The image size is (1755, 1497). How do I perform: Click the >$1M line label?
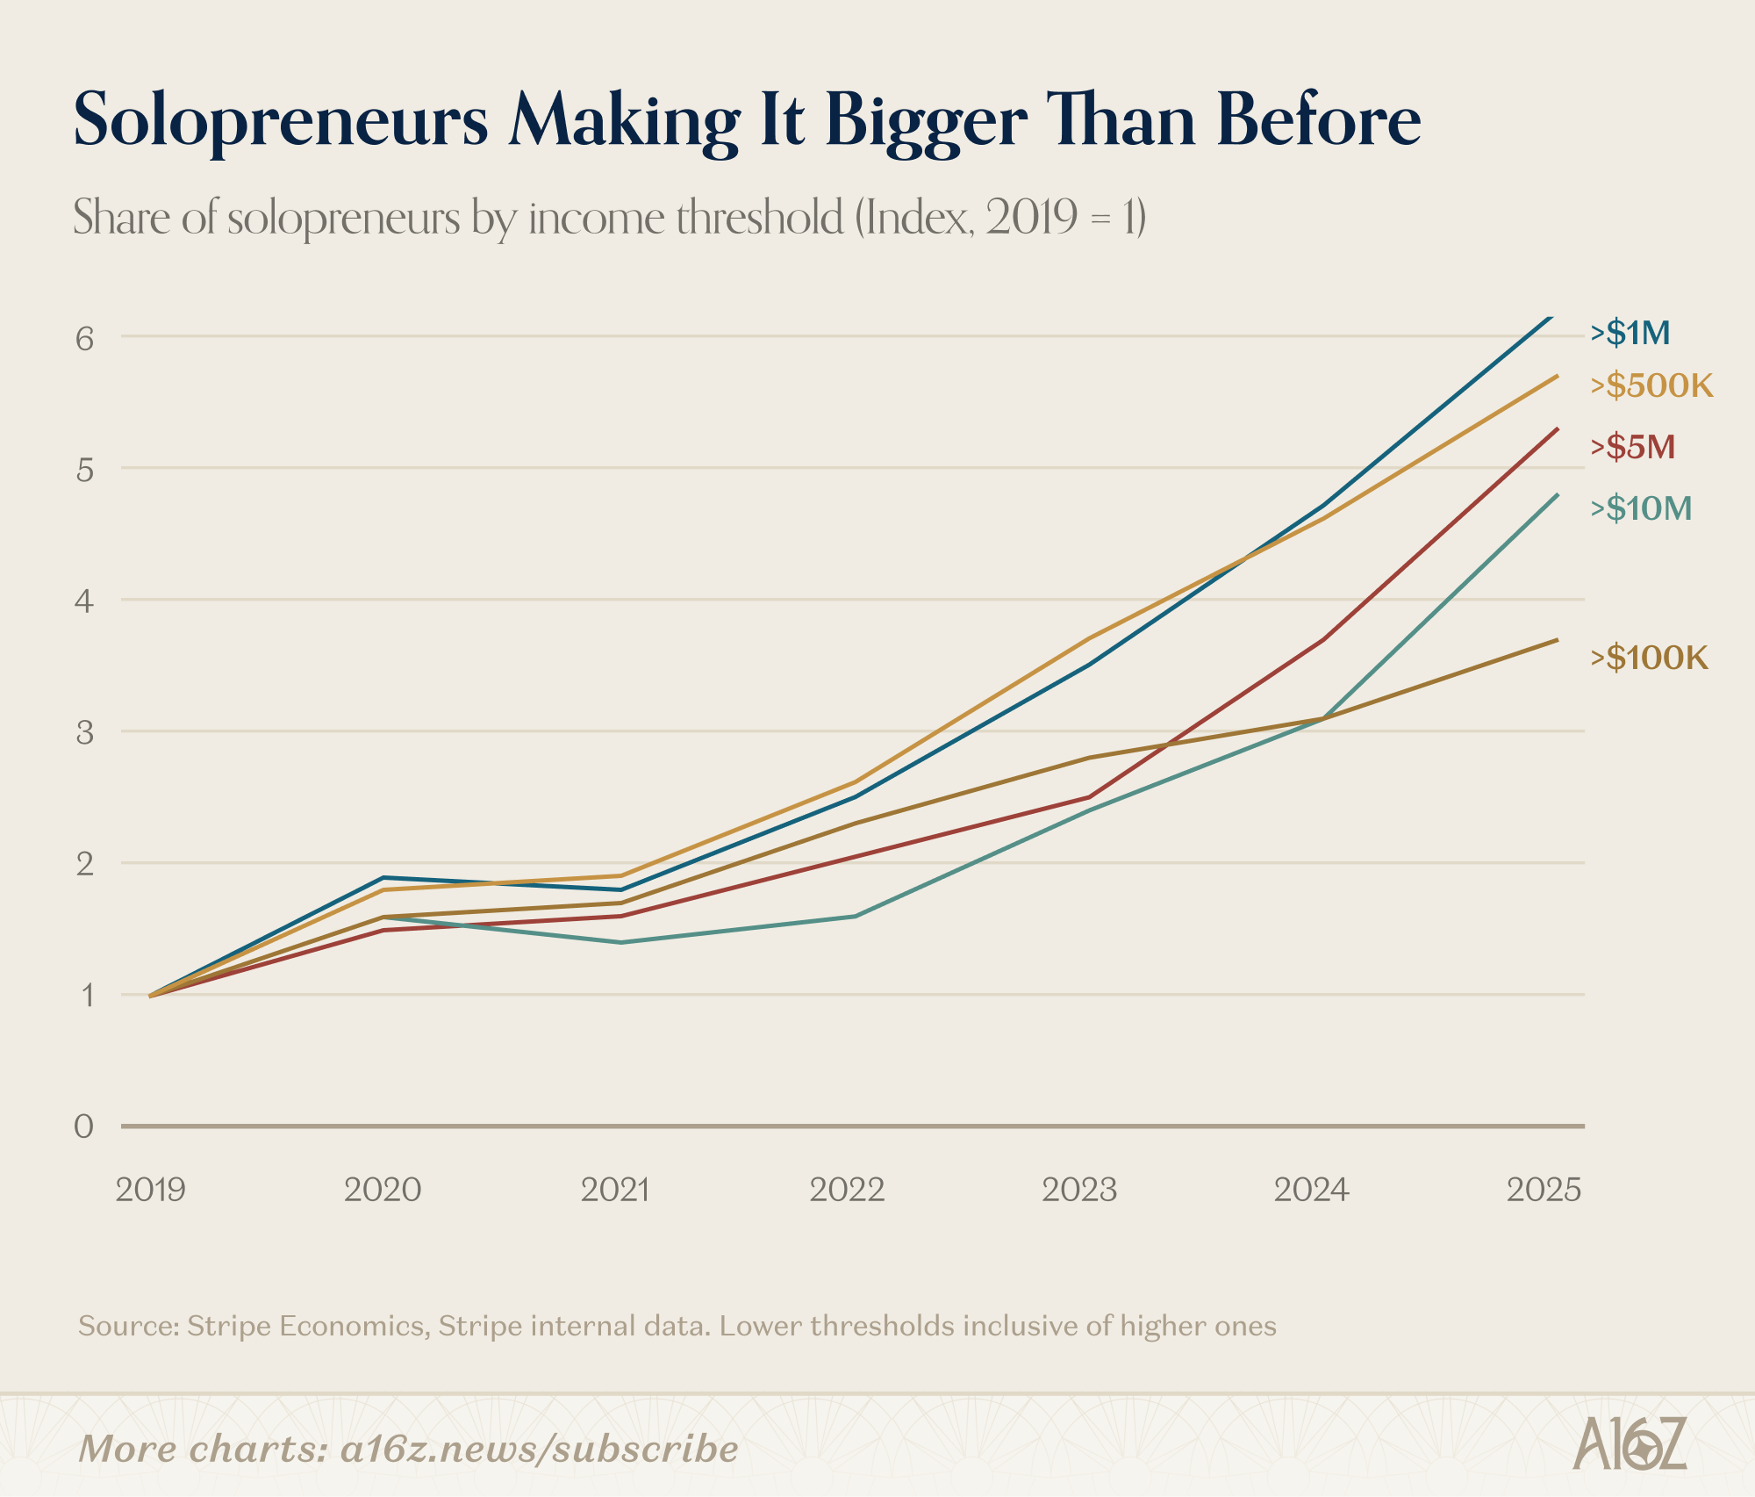click(x=1630, y=333)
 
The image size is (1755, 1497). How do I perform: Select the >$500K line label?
click(x=1651, y=385)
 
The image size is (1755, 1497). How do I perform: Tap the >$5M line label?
click(x=1633, y=447)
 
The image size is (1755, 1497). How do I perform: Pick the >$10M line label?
click(x=1641, y=508)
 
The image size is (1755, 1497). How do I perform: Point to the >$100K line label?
click(x=1650, y=658)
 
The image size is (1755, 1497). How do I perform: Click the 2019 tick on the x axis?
click(x=151, y=1190)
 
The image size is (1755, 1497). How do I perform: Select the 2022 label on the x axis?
click(x=847, y=1190)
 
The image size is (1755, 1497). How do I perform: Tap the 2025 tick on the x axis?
click(x=1544, y=1190)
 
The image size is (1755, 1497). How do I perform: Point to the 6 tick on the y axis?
click(x=84, y=338)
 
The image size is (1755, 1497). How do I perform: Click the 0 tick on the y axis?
click(x=83, y=1126)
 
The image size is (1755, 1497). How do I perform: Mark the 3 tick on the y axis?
click(x=84, y=731)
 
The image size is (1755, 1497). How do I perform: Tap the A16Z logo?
click(x=1630, y=1443)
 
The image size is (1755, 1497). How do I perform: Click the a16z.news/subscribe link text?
click(x=539, y=1449)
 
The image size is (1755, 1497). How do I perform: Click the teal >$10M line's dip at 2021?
click(x=620, y=942)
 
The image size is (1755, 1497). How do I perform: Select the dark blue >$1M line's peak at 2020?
click(x=383, y=877)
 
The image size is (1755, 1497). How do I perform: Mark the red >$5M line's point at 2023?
click(x=1089, y=797)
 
